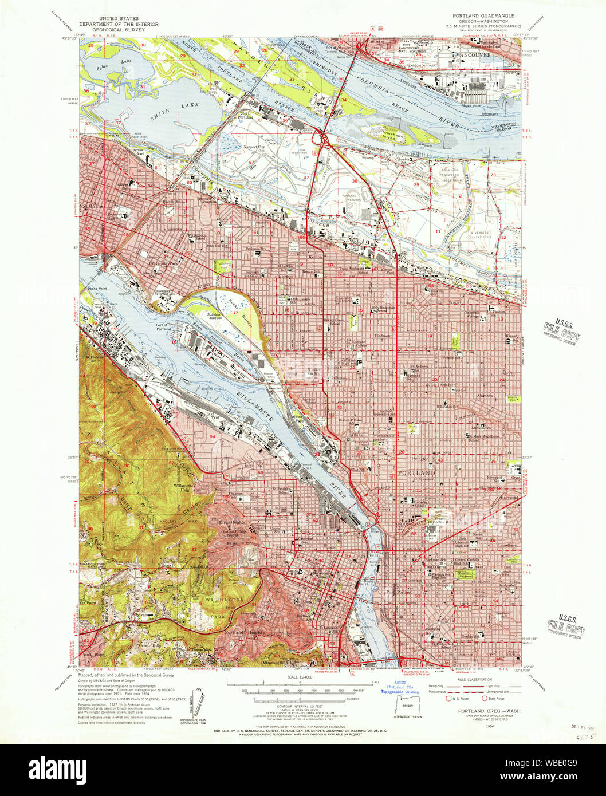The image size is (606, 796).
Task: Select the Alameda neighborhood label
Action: [x=485, y=395]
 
